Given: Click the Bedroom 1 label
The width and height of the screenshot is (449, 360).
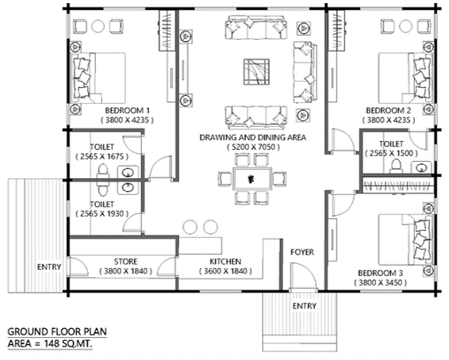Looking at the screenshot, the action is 127,110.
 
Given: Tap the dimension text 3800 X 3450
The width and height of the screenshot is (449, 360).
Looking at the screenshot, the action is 380,283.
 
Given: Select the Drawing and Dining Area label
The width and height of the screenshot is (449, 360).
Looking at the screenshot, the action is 252,138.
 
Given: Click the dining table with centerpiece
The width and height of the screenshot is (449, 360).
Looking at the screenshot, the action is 252,179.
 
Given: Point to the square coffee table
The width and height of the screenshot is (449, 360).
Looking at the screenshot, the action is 256,72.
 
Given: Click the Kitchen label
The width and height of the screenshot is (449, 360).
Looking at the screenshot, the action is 225,262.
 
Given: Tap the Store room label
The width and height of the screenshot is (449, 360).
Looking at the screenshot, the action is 125,262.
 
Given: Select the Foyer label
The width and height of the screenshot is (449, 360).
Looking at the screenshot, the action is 302,252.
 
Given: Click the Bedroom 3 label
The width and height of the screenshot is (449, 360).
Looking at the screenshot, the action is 380,274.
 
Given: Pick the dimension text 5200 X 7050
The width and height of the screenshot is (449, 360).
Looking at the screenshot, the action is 253,147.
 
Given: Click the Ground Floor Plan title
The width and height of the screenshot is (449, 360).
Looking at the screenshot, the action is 57,332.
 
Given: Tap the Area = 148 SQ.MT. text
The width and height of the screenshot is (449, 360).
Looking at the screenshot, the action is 50,343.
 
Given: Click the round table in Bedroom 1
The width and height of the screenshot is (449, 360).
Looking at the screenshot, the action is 98,26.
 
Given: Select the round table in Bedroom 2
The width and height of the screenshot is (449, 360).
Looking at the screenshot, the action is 405,26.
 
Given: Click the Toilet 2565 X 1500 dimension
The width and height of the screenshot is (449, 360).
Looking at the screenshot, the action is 391,153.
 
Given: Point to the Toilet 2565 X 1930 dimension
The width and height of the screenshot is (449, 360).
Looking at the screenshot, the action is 102,214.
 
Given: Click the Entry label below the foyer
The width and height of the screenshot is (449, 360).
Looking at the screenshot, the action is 305,306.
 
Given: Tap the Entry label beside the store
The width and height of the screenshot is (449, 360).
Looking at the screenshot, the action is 49,267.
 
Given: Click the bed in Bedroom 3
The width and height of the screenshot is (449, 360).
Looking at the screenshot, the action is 405,239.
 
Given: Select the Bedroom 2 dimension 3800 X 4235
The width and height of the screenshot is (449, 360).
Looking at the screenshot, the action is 389,121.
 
